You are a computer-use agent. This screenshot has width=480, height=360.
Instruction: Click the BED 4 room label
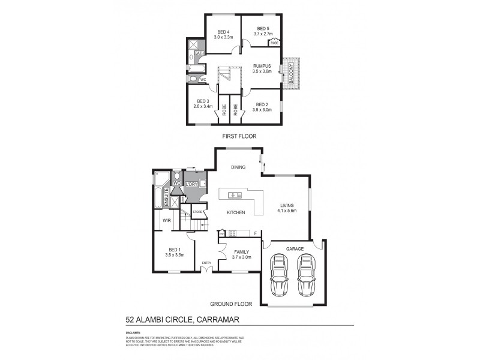pyautogui.click(x=223, y=31)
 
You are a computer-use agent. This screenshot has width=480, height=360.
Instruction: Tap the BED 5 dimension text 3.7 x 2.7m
pyautogui.click(x=262, y=34)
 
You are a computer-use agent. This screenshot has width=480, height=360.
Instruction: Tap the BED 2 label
pyautogui.click(x=262, y=104)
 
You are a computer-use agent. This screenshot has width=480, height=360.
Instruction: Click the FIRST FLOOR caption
pyautogui.click(x=239, y=137)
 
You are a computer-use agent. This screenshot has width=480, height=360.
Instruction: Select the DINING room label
pyautogui.click(x=238, y=167)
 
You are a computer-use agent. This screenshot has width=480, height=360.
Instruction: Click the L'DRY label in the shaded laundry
pyautogui.click(x=193, y=184)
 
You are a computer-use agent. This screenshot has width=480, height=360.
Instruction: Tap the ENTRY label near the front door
pyautogui.click(x=206, y=263)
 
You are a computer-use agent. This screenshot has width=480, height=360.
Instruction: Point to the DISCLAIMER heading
pyautogui.click(x=133, y=332)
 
